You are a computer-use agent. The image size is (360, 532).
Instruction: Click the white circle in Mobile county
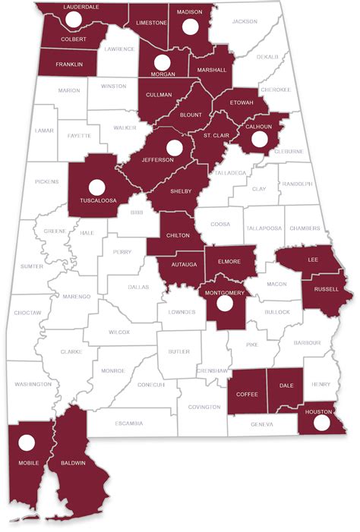click(x=27, y=442)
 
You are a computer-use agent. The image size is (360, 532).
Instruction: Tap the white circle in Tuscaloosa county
click(x=96, y=186)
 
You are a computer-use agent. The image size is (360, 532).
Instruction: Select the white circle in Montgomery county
click(x=223, y=304)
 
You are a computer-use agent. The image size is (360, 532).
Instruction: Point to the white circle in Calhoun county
click(x=259, y=138)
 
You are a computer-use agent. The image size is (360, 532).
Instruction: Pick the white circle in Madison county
click(x=191, y=27)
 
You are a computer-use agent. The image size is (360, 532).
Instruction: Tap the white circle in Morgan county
click(x=162, y=62)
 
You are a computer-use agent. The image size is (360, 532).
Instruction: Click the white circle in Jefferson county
click(x=175, y=147)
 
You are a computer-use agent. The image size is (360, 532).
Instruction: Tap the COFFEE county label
click(x=247, y=394)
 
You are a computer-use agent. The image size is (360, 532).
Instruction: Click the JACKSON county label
click(x=245, y=22)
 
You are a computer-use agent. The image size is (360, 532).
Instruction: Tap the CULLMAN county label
click(x=160, y=95)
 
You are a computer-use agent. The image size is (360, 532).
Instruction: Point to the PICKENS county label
click(x=47, y=183)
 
